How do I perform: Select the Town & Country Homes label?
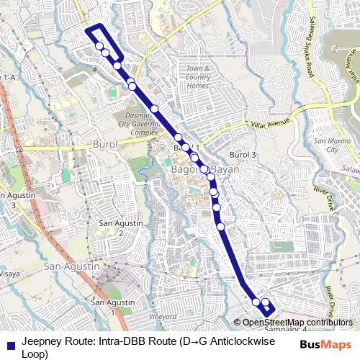(x=197, y=77)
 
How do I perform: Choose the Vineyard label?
(x=163, y=316)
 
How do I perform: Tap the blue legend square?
(x=9, y=344)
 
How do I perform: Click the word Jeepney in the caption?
(x=42, y=341)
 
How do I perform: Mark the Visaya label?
(x=9, y=274)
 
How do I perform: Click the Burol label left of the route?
(x=105, y=145)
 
